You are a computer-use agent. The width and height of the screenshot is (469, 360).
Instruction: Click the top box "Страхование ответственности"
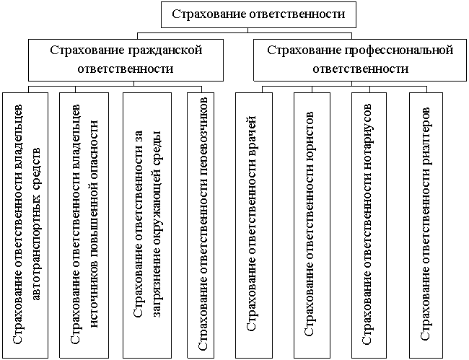coord(258,14)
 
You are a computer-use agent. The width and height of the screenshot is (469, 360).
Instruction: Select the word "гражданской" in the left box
coord(165,51)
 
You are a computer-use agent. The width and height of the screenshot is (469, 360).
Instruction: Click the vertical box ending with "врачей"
coord(254,225)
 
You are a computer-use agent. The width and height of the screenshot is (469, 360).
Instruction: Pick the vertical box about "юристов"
coord(312,225)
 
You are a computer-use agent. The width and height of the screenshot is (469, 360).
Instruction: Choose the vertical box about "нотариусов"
coord(369,225)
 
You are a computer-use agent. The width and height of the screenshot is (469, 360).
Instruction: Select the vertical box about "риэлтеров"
coord(426,225)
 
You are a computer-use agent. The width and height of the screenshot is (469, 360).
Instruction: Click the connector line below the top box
coord(247,30)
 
